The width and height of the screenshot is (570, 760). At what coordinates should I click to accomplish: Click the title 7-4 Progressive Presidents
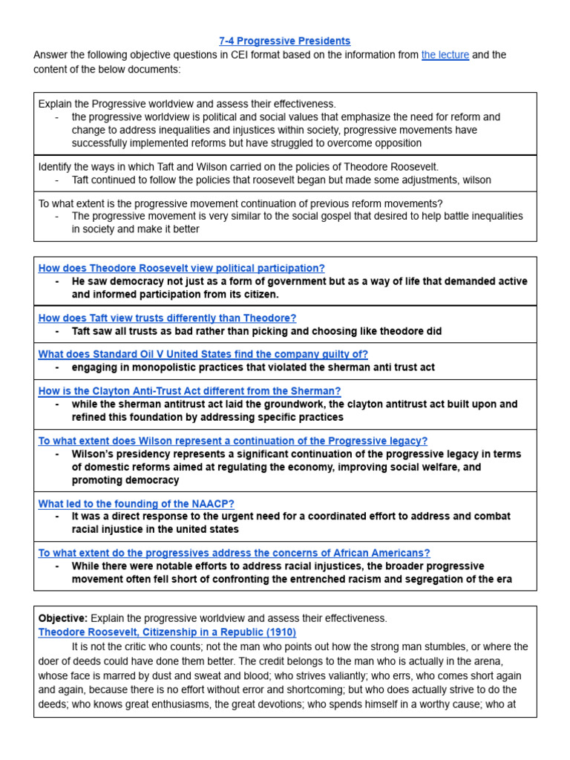285,41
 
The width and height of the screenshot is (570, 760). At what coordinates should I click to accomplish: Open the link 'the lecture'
445,55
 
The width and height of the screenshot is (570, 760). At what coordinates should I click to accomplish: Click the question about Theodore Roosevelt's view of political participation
181,268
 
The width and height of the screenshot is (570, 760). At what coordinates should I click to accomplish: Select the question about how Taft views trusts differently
167,318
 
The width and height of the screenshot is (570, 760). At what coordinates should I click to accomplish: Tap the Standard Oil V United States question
203,354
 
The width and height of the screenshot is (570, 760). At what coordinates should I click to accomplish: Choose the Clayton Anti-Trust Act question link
189,390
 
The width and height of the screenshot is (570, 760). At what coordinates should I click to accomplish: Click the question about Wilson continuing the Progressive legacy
232,440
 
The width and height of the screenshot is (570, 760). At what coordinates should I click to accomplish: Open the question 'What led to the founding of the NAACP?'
136,503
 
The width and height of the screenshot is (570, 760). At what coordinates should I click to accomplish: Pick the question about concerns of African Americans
234,552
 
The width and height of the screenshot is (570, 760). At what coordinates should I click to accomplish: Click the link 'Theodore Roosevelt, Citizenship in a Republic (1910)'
167,632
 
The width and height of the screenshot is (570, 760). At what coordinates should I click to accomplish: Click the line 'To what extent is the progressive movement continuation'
240,203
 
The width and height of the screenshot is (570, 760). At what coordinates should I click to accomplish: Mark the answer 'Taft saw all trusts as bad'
256,331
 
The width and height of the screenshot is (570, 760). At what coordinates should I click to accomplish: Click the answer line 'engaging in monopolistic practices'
253,367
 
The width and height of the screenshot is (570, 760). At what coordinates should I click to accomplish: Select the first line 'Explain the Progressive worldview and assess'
187,104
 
